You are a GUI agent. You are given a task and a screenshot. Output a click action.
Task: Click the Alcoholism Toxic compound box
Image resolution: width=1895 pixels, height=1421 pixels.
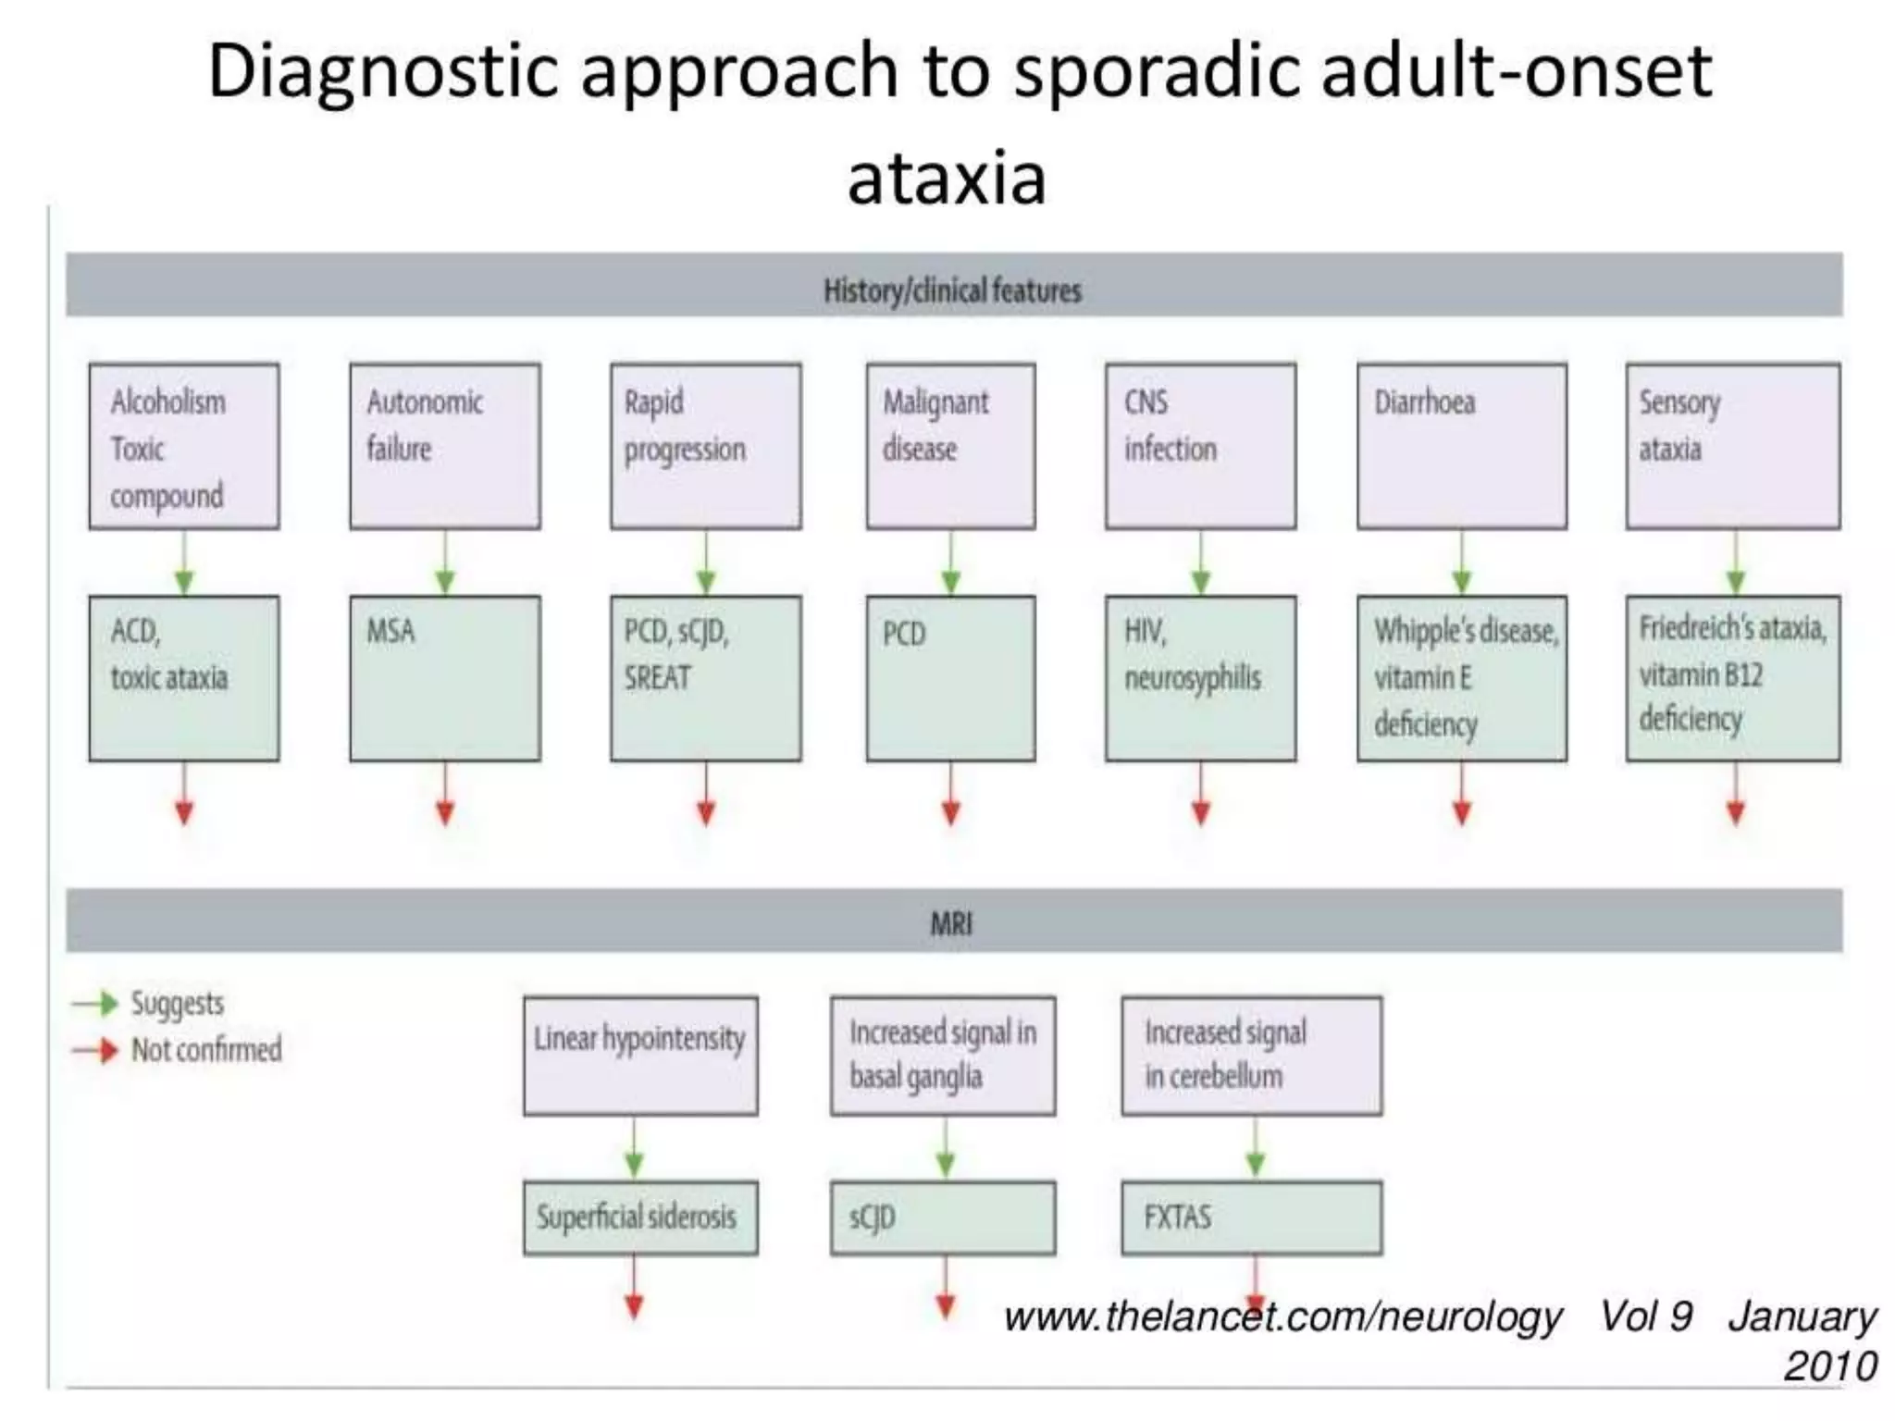pos(183,446)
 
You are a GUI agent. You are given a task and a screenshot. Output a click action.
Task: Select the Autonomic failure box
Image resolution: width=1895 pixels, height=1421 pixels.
pos(444,446)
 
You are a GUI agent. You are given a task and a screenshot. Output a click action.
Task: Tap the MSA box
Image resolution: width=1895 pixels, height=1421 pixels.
pos(444,678)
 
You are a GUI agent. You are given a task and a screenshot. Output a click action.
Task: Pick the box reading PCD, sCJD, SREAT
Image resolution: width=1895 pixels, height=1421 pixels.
pos(705,678)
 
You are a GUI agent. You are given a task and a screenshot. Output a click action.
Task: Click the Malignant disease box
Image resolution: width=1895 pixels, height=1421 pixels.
pos(950,446)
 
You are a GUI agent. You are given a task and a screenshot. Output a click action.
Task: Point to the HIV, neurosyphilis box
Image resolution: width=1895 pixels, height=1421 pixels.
pos(1200,678)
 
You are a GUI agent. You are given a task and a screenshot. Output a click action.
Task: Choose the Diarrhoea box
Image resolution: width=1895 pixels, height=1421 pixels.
pos(1461,446)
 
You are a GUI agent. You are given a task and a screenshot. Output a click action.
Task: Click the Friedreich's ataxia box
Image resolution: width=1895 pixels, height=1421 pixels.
pos(1732,678)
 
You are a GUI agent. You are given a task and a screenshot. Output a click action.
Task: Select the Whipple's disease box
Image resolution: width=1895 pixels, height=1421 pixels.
pos(1461,678)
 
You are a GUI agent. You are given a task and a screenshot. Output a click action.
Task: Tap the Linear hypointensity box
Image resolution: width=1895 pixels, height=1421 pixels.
pos(639,1056)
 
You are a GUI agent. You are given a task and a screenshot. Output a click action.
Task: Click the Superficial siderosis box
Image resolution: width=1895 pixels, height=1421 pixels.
pos(639,1217)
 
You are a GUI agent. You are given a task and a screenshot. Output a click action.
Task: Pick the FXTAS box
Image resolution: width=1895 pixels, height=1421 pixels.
pos(1251,1217)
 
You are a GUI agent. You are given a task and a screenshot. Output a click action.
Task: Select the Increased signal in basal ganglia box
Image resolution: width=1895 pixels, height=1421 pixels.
pos(942,1056)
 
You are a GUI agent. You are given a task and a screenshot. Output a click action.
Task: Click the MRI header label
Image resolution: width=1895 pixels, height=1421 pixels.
pos(950,922)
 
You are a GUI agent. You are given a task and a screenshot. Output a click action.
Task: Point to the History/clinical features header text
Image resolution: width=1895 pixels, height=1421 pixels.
pos(951,290)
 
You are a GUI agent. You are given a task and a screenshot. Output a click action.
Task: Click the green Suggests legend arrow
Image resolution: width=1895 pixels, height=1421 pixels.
pos(96,1004)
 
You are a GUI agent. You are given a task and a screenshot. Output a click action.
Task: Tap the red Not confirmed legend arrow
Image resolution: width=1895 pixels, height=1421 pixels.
pos(96,1050)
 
